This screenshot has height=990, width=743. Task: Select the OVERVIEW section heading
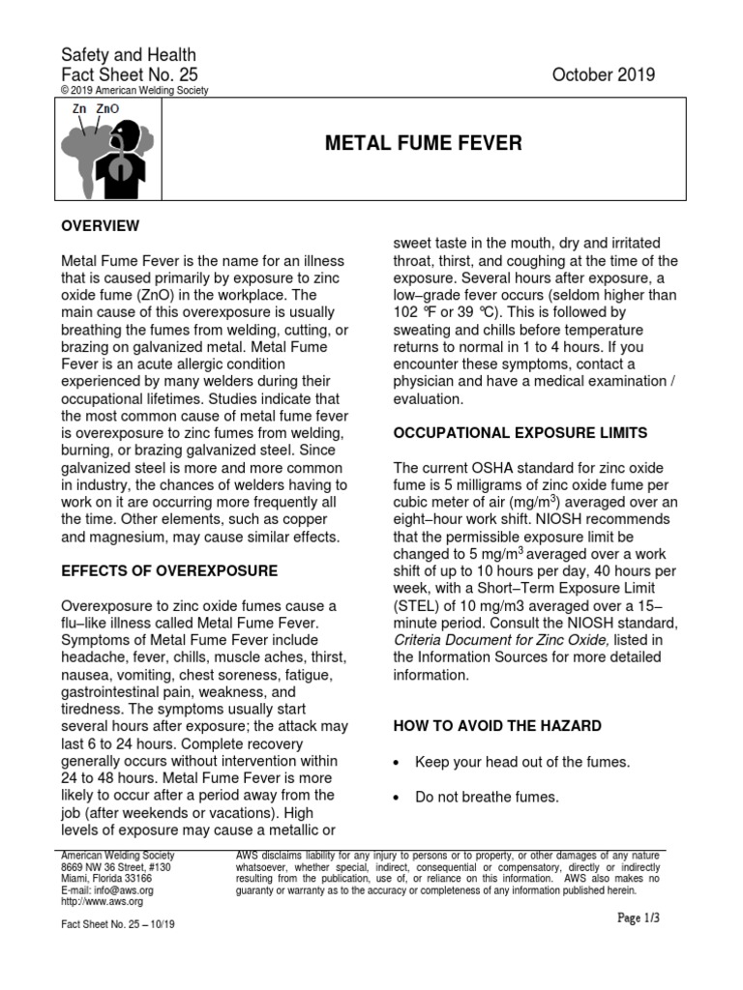101,225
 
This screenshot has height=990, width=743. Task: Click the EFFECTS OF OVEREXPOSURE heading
169,569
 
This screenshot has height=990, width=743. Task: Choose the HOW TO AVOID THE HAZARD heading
496,725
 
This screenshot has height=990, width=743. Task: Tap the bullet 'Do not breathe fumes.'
487,797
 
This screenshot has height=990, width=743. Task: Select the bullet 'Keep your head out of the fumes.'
522,762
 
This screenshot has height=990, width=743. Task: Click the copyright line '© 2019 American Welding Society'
134,91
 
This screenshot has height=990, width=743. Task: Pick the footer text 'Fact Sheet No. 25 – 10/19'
117,924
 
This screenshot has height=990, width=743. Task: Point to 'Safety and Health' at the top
129,55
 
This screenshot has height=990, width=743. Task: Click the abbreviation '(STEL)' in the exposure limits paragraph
417,604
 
